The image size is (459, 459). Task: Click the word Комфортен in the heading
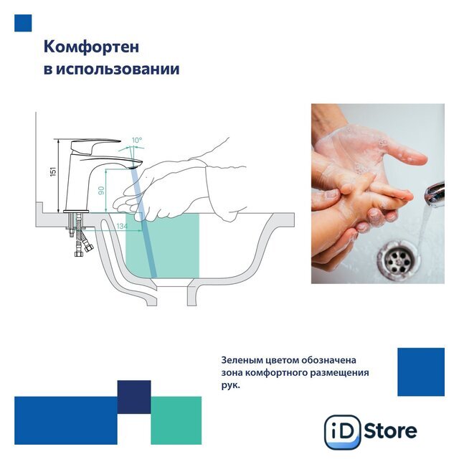(91, 47)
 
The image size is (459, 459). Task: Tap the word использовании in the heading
(118, 70)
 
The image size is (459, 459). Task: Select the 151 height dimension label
(53, 171)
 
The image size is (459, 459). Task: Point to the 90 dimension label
(101, 191)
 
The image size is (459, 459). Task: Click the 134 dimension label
(122, 226)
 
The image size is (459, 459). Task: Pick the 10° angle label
(137, 141)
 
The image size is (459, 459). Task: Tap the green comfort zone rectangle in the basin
(163, 245)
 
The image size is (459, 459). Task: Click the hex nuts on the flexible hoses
(83, 251)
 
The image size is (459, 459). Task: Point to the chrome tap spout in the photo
(435, 194)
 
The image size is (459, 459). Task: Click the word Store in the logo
(391, 431)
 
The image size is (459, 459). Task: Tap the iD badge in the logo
(343, 432)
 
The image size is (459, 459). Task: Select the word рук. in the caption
(231, 386)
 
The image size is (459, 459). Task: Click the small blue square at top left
(23, 23)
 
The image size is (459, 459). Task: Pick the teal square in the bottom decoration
(176, 420)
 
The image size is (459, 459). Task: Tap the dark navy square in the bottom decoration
(134, 397)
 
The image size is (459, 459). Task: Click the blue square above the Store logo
(421, 372)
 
